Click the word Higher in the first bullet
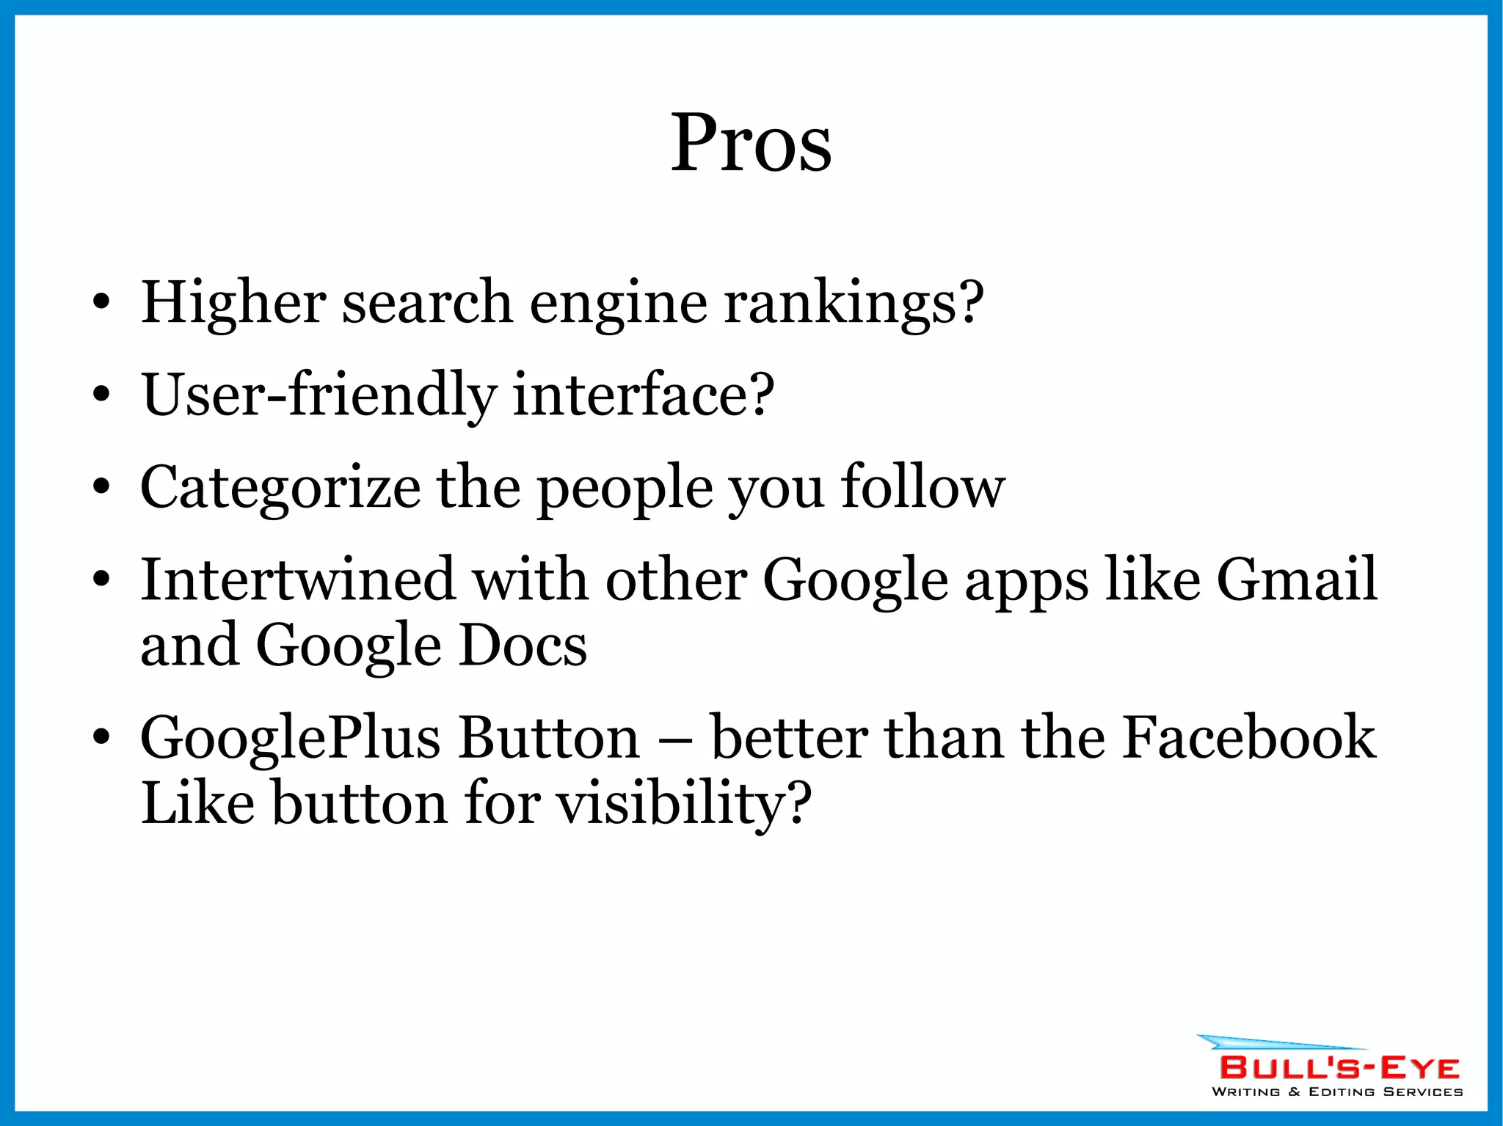233,301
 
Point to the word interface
643,394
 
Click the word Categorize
280,487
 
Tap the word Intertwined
298,579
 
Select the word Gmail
1297,579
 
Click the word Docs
523,645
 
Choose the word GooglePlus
291,738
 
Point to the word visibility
683,803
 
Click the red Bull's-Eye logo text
1339,1067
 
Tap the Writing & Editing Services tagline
1336,1092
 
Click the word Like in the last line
197,803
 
